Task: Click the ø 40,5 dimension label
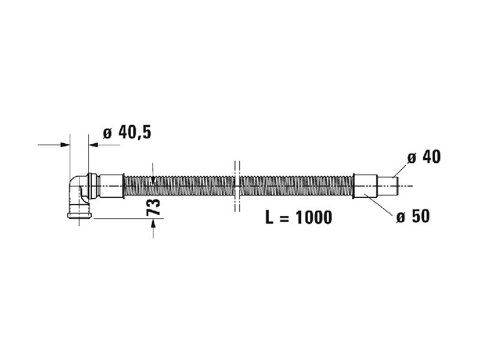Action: point(127,133)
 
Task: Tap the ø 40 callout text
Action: point(424,157)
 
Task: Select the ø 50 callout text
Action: point(413,217)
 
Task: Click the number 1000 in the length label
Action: point(314,218)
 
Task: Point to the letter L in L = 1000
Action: point(269,218)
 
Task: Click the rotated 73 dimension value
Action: point(154,207)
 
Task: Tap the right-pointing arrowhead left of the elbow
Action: point(65,145)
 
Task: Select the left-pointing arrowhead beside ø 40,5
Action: point(94,145)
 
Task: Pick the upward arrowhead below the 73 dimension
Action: point(153,224)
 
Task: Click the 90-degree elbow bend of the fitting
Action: point(76,187)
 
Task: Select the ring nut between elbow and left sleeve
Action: point(92,186)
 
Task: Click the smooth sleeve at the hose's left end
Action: point(112,186)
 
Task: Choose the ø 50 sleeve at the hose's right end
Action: point(365,186)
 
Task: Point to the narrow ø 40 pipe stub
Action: point(388,186)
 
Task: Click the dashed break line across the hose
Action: point(237,186)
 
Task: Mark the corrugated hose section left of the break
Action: point(179,186)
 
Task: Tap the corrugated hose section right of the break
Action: point(296,186)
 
